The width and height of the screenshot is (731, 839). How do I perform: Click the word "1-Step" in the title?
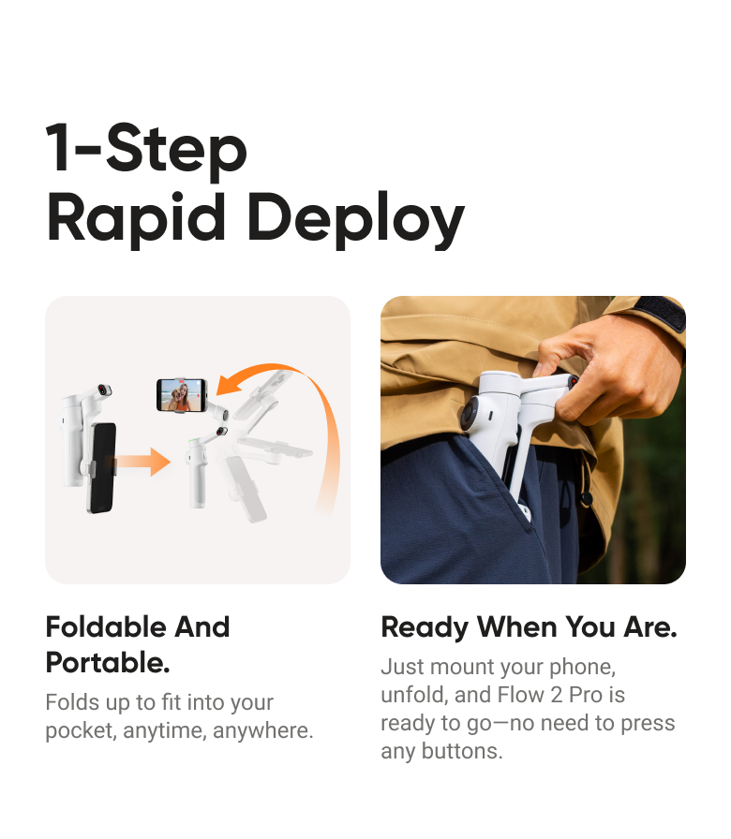click(146, 150)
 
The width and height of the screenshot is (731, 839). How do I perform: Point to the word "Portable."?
click(108, 663)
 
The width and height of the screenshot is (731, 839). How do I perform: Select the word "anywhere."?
click(263, 730)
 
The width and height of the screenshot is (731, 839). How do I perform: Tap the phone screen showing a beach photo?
click(181, 394)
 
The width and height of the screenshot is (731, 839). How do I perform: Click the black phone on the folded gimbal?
click(102, 467)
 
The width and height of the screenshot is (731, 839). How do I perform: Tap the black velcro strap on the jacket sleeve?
click(667, 312)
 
